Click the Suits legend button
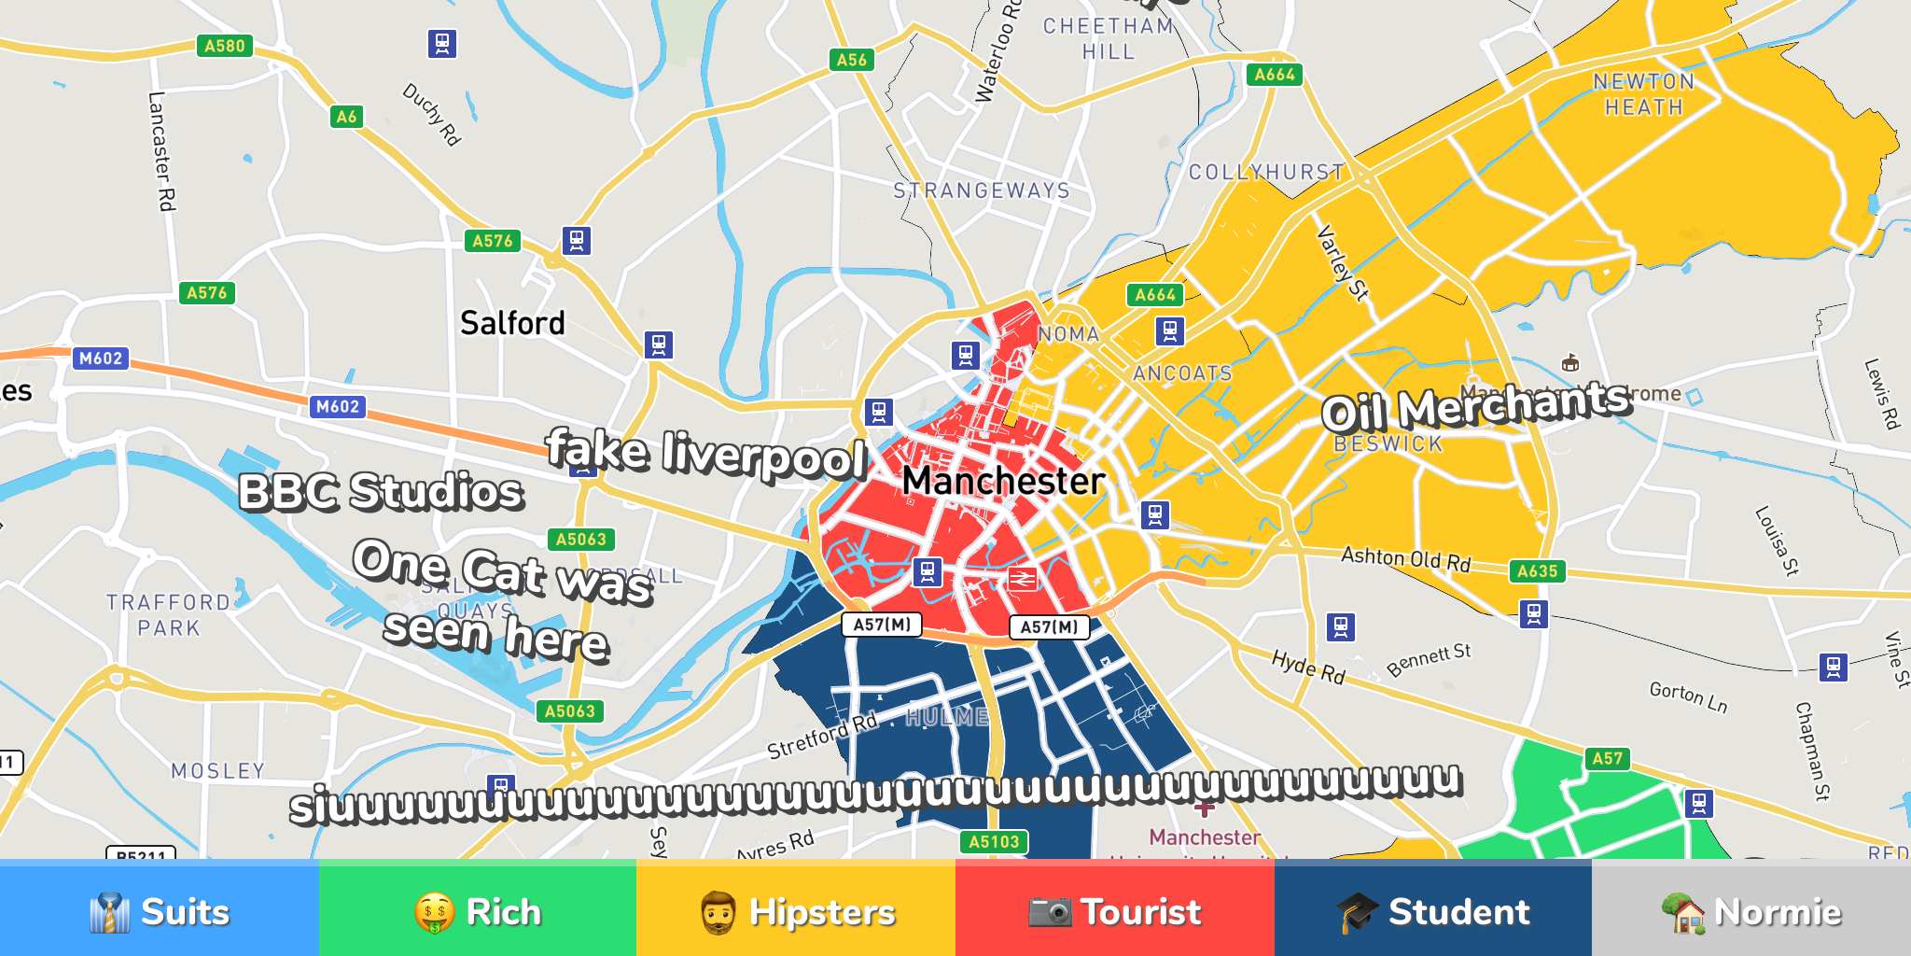tap(159, 910)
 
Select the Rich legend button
tap(477, 910)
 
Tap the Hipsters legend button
tap(796, 910)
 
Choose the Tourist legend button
tap(1114, 910)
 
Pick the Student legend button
tap(1432, 910)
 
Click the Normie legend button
tap(1751, 910)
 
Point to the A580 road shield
tap(225, 46)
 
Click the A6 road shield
tap(346, 117)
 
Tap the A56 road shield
tap(851, 60)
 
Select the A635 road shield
tap(1537, 571)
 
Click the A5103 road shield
tap(994, 841)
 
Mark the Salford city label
tap(512, 323)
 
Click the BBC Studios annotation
tap(381, 491)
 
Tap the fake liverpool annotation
tap(706, 454)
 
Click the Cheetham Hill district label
tap(1109, 39)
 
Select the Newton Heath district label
tap(1643, 94)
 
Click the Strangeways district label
tap(982, 190)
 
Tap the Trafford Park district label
tap(168, 615)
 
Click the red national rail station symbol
tap(1022, 579)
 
